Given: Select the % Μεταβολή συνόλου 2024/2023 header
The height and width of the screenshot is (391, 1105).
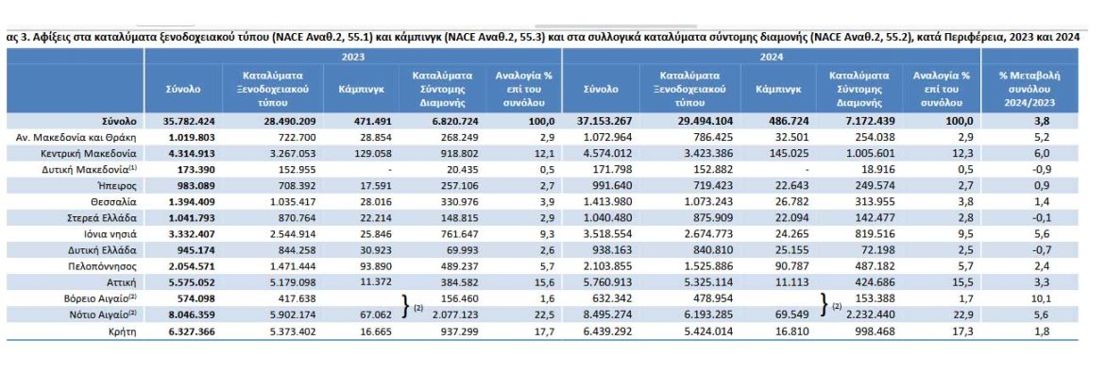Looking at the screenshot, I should click(x=1030, y=88).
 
